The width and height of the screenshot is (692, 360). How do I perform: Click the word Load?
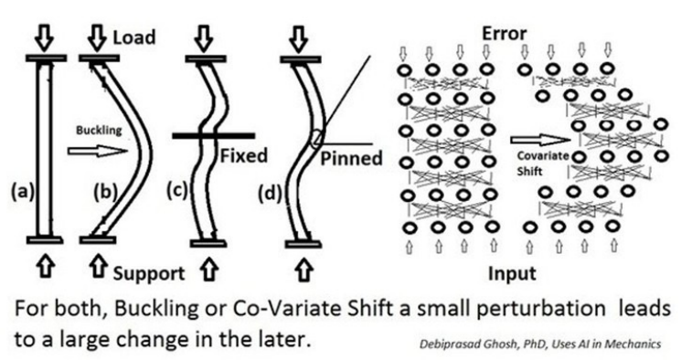[134, 37]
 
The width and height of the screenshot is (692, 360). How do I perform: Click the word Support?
[150, 272]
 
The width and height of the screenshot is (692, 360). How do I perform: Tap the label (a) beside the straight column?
[18, 192]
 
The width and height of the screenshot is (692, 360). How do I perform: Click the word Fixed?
[243, 155]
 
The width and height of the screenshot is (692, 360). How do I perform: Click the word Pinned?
[350, 158]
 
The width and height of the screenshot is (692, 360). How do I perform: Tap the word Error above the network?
[504, 35]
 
